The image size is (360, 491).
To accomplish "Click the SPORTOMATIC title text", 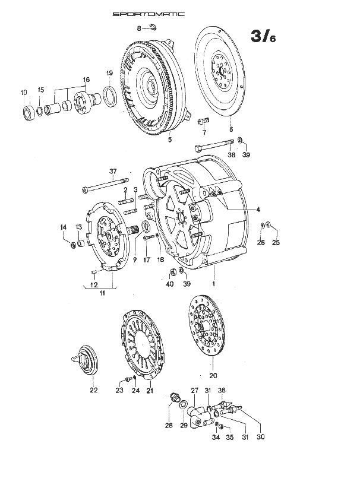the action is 149,14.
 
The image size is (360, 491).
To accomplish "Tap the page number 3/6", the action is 263,36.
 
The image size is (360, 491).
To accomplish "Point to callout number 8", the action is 139,28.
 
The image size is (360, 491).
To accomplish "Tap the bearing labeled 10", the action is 29,113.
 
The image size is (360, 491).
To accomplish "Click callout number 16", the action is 86,80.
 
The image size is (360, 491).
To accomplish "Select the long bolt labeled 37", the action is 105,185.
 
